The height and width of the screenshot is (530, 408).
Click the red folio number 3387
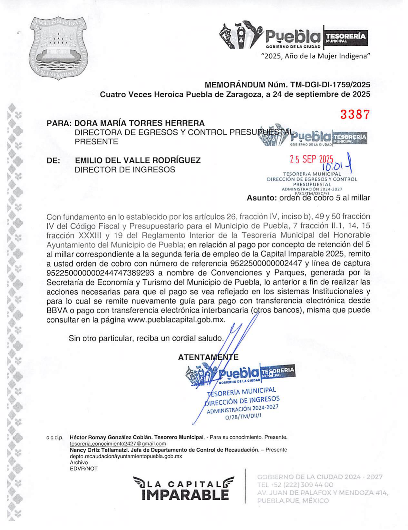click(x=355, y=114)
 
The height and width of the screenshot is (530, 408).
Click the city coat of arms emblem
click(x=58, y=48)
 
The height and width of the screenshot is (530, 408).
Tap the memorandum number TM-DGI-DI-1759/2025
click(x=330, y=85)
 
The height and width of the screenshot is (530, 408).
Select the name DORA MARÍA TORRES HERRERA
click(x=139, y=123)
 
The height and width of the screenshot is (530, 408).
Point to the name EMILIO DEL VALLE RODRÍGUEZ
click(x=138, y=160)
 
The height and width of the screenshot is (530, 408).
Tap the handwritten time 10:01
click(x=332, y=167)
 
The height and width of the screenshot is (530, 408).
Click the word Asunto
click(x=261, y=198)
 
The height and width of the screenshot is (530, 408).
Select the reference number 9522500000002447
click(x=266, y=263)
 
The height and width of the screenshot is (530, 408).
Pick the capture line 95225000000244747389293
click(x=100, y=273)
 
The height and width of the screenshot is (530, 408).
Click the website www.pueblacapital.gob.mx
click(x=176, y=320)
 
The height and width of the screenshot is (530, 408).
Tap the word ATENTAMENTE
click(x=208, y=357)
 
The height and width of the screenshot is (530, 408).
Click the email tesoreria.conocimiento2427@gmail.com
click(x=118, y=444)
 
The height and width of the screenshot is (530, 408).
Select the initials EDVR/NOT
click(x=83, y=468)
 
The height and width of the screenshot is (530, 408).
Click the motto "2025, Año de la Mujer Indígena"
click(x=316, y=56)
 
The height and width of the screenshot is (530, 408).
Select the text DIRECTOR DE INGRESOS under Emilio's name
click(x=125, y=169)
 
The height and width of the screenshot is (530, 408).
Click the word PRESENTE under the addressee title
click(x=96, y=141)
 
